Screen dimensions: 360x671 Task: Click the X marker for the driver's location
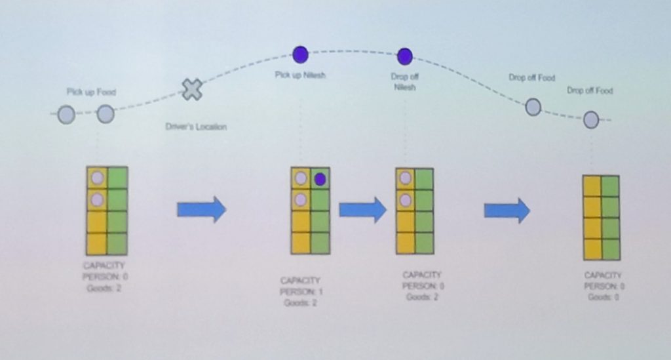tap(191, 89)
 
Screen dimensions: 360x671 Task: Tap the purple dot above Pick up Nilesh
tap(300, 54)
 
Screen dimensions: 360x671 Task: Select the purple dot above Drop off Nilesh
tap(404, 56)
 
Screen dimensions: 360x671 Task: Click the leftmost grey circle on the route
tap(66, 115)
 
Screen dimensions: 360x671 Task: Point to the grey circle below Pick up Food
tap(105, 115)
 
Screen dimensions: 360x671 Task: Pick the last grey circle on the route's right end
tap(591, 119)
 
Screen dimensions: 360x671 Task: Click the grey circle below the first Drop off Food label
tap(533, 107)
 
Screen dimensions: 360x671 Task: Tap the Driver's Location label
tap(196, 127)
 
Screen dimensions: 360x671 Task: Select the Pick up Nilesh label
tap(300, 75)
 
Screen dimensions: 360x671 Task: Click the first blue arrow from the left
tap(201, 210)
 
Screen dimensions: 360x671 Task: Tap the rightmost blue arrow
tap(507, 210)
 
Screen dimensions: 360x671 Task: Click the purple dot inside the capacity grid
tap(320, 179)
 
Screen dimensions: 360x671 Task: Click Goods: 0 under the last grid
tap(604, 297)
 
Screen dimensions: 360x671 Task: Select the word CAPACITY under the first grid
tap(105, 267)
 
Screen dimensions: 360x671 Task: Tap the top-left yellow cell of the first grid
tap(97, 178)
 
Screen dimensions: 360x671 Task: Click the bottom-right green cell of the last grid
tap(610, 249)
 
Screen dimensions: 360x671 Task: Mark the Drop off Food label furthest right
tap(590, 91)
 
